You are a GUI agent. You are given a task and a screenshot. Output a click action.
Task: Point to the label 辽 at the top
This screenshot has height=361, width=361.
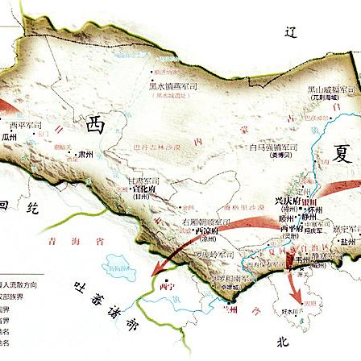click(x=291, y=32)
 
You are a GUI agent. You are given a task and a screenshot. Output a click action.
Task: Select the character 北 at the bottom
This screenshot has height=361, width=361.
click(x=282, y=342)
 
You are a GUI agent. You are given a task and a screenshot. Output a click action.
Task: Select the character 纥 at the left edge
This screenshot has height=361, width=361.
click(x=32, y=208)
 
